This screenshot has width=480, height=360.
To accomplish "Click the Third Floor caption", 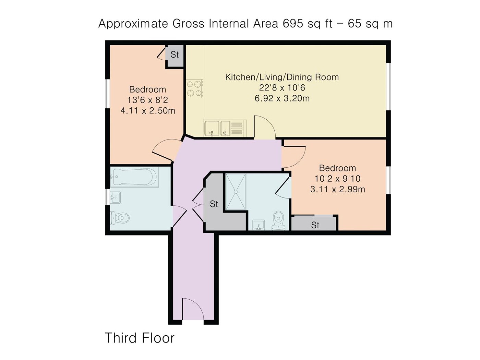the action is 140,338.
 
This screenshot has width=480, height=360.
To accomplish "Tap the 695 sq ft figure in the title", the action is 308,24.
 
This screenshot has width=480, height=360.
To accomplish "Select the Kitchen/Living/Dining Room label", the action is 282,77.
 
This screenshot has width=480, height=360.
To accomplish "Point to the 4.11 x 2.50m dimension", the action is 148,111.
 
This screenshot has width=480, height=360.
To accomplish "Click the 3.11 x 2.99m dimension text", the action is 338,189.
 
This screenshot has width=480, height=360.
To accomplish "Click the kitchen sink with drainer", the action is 225,129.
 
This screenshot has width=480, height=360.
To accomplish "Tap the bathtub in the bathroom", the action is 134,177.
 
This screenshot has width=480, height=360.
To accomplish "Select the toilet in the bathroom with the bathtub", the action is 120,217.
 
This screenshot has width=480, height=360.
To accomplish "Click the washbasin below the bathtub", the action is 115,198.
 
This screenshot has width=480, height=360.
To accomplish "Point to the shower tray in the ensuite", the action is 236,192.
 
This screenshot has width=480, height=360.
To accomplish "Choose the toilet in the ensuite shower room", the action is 279,220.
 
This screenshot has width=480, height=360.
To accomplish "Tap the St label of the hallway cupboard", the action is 214,204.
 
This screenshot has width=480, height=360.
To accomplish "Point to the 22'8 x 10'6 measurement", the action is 282,88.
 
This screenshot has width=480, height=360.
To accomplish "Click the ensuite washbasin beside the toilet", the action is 259,225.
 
